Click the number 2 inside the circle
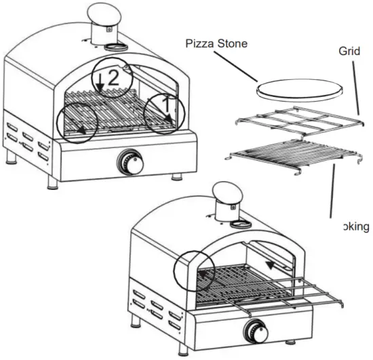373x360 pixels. (x=115, y=77)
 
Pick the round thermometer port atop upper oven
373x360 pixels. (x=112, y=47)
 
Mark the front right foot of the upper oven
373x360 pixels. (x=177, y=177)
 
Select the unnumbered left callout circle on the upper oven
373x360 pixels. (x=75, y=122)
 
